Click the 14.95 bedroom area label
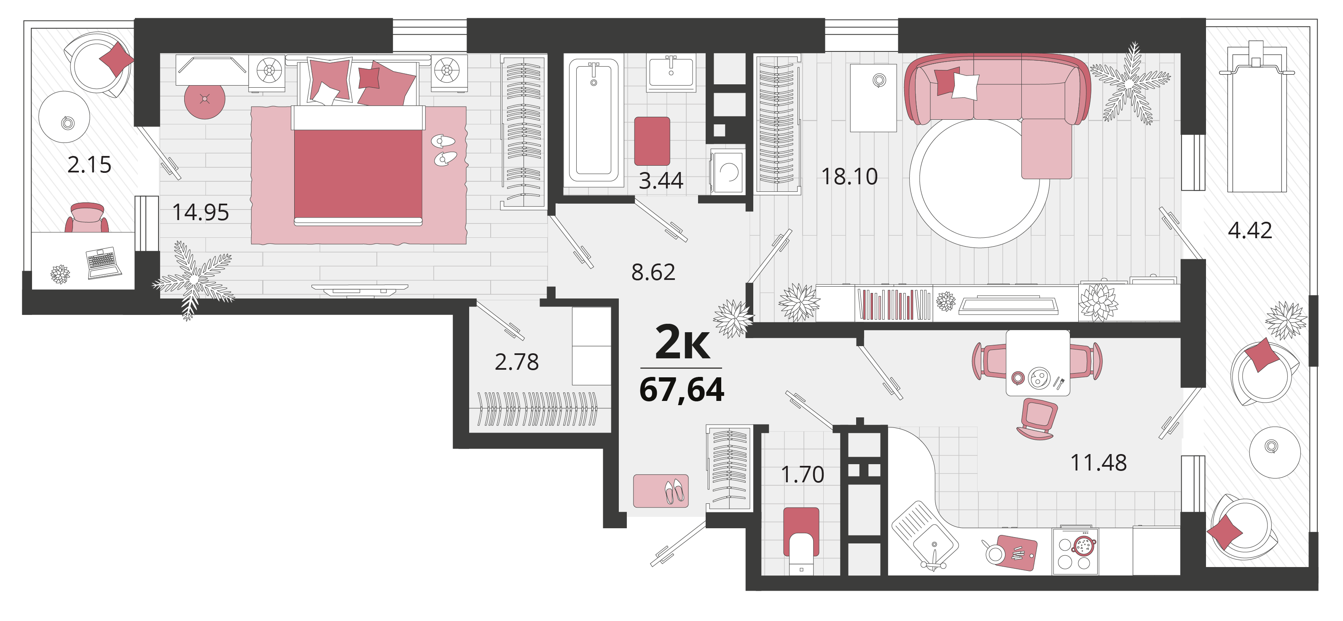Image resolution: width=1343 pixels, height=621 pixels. (x=201, y=212)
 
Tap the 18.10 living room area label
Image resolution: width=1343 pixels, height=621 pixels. (x=849, y=176)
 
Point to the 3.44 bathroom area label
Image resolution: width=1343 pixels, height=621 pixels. (x=661, y=180)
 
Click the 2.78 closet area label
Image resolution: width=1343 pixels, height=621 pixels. (x=517, y=362)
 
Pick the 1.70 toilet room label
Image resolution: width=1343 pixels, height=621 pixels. (x=802, y=474)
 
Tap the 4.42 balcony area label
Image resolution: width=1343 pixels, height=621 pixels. (x=1250, y=230)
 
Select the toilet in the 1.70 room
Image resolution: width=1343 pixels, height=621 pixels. (x=801, y=541)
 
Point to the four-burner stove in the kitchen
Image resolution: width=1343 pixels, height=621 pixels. (x=1075, y=551)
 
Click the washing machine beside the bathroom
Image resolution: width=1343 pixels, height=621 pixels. (x=728, y=171)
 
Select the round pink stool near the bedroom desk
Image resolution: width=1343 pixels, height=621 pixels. (x=205, y=99)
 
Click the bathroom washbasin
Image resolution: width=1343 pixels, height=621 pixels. (x=671, y=73)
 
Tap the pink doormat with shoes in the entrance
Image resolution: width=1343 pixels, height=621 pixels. (x=661, y=491)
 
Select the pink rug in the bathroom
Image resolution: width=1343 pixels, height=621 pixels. (x=652, y=141)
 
